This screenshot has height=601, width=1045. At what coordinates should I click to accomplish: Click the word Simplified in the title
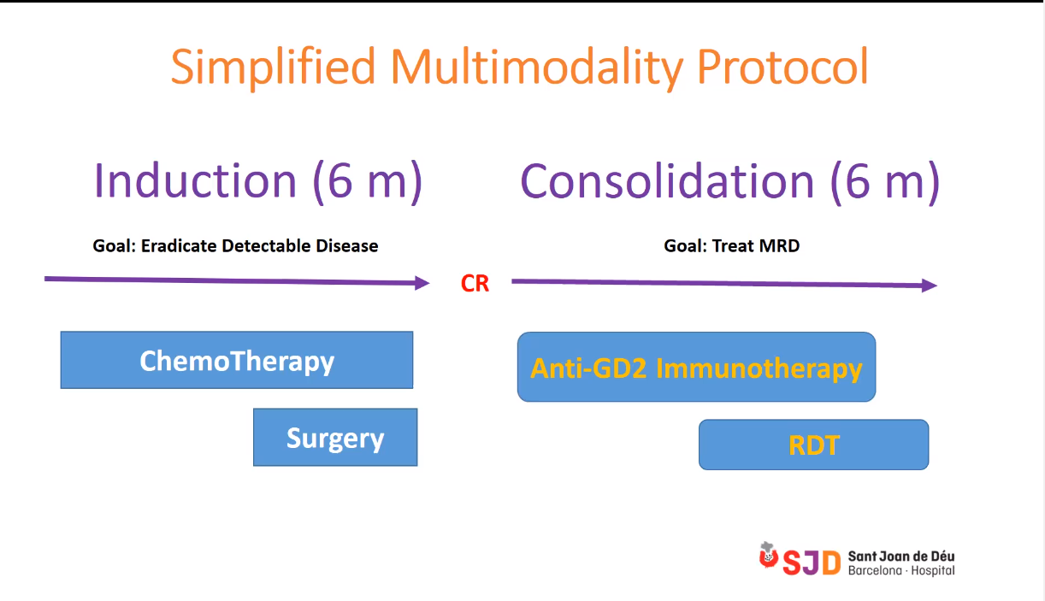point(273,68)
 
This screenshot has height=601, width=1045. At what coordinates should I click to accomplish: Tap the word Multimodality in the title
point(537,68)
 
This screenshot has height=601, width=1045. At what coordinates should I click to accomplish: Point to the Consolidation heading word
point(667,181)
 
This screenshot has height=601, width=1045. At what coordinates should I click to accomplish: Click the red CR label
point(475,284)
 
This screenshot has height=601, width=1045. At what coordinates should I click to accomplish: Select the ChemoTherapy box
point(237,360)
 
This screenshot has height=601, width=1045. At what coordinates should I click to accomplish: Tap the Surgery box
point(335,438)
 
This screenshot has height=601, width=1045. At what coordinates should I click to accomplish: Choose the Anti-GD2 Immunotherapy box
point(696,367)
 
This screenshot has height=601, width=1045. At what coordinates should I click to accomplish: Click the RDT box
point(813,445)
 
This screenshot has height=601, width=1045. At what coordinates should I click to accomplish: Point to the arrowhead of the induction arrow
point(422,283)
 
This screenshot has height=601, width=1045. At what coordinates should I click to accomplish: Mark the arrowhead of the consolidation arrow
point(930,286)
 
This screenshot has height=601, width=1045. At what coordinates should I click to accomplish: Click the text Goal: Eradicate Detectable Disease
point(235,245)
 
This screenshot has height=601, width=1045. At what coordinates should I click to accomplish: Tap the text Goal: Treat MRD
point(731,245)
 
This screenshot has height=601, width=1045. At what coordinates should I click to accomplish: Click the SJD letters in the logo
point(812,563)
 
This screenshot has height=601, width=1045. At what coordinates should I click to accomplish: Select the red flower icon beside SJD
point(768,556)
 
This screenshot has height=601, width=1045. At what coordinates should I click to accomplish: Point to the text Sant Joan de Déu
point(901,557)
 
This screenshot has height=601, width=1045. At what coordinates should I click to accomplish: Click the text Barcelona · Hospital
point(901,571)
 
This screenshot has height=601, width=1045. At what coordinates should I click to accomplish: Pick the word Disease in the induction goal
point(346,245)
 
